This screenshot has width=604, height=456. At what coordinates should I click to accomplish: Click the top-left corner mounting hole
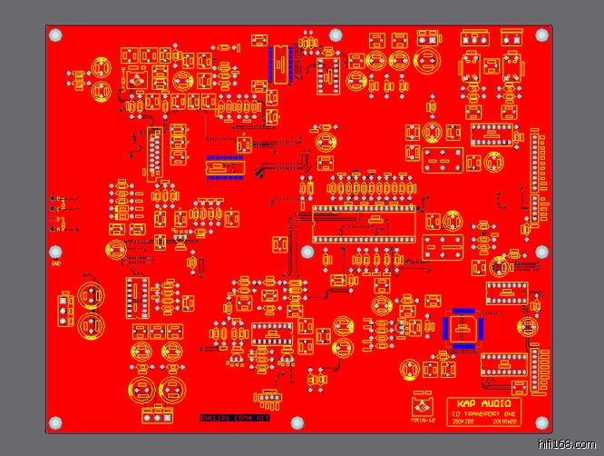coord(56,35)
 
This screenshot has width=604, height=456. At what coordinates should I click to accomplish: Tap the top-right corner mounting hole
coord(543,35)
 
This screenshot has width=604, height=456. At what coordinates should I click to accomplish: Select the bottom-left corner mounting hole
coord(56,423)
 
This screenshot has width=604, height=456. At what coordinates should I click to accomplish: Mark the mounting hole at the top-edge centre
coord(336,35)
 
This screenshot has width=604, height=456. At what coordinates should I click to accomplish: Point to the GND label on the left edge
coord(56,264)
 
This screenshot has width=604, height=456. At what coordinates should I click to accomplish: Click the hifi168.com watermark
coord(569,445)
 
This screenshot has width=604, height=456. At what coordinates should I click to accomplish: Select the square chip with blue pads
coord(463,328)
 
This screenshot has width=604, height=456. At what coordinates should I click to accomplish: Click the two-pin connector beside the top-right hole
coord(511,38)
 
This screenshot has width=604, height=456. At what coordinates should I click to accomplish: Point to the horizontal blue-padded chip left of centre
coord(226,168)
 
